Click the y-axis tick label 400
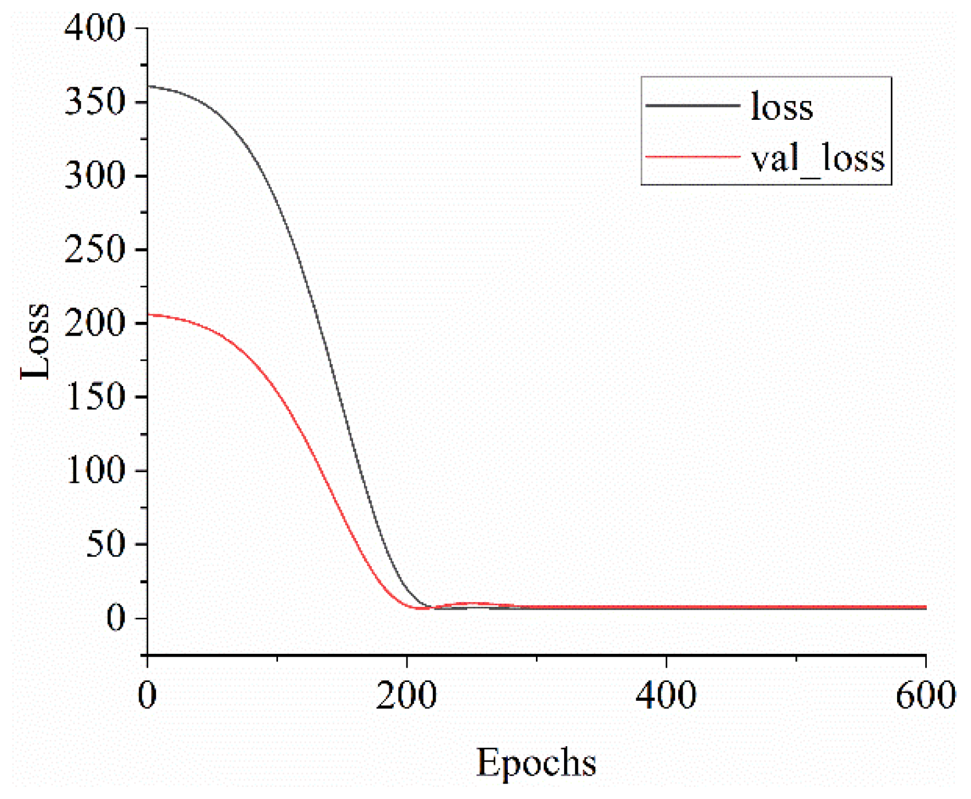(x=95, y=28)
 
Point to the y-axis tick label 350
(x=95, y=102)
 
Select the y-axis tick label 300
(x=95, y=176)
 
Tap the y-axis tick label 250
(x=95, y=250)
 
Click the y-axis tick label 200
(x=95, y=323)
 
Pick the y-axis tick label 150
(x=95, y=397)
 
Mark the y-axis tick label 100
(x=95, y=470)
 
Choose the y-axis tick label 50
(x=105, y=544)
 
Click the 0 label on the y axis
(x=116, y=618)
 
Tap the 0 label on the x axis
(x=147, y=695)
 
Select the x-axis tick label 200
(x=406, y=695)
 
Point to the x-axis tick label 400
(x=666, y=695)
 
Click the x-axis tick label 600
(x=925, y=695)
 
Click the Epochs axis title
(x=536, y=763)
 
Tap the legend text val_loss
(x=818, y=158)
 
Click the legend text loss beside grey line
(x=782, y=107)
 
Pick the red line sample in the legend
(x=692, y=157)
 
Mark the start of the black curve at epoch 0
(x=148, y=87)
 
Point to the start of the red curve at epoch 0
(x=148, y=315)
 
